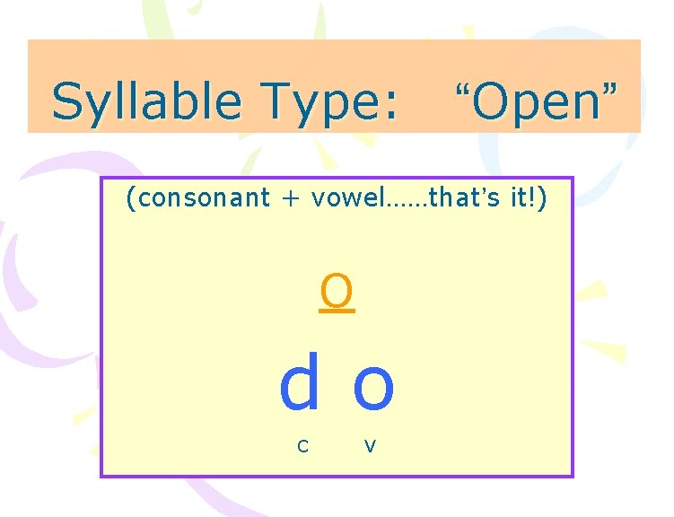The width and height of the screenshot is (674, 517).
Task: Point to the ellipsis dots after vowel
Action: coord(405,203)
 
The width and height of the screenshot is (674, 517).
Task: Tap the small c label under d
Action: coord(303,444)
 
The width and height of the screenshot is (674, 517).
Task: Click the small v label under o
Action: coord(370,444)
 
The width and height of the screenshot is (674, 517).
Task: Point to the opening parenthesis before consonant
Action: coord(131,197)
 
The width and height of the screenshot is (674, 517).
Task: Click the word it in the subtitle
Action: coord(519,197)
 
